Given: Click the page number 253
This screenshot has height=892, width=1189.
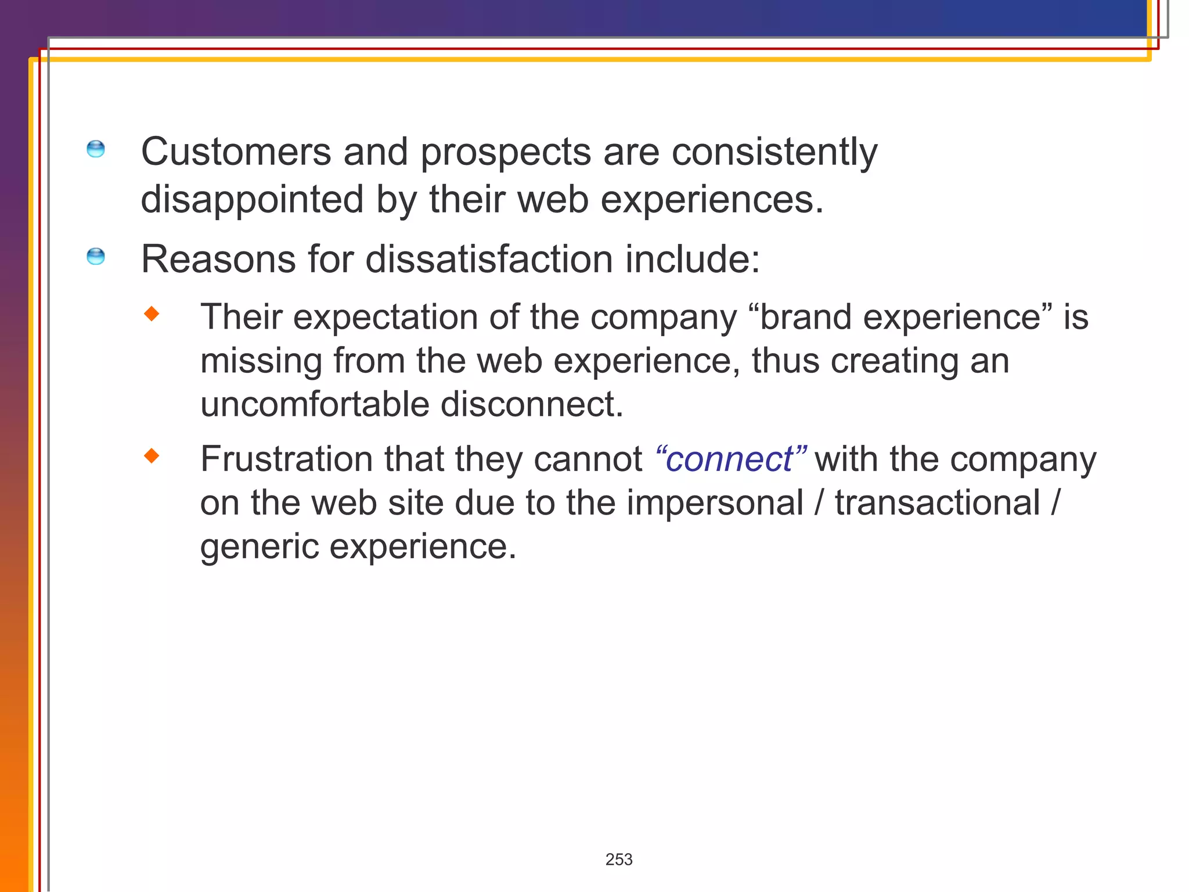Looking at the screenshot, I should click(618, 859).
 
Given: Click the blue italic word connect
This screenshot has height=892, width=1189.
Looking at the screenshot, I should click(730, 460).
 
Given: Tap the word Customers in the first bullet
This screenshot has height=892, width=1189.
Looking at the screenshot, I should click(236, 152).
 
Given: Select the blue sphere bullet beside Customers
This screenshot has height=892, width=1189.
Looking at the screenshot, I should click(96, 149).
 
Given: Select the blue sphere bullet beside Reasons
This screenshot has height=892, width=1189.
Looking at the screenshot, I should click(96, 256).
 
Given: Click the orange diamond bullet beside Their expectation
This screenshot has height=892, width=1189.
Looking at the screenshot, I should click(152, 314).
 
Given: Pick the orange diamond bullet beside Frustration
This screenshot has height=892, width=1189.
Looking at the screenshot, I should click(152, 456).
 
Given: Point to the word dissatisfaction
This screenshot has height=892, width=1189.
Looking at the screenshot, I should click(489, 259).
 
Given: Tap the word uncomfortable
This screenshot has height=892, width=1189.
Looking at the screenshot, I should click(314, 405).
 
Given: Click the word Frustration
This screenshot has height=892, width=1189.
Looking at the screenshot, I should click(286, 460).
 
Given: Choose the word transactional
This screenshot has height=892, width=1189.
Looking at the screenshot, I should click(937, 503).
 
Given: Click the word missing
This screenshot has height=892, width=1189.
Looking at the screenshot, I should click(261, 362).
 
